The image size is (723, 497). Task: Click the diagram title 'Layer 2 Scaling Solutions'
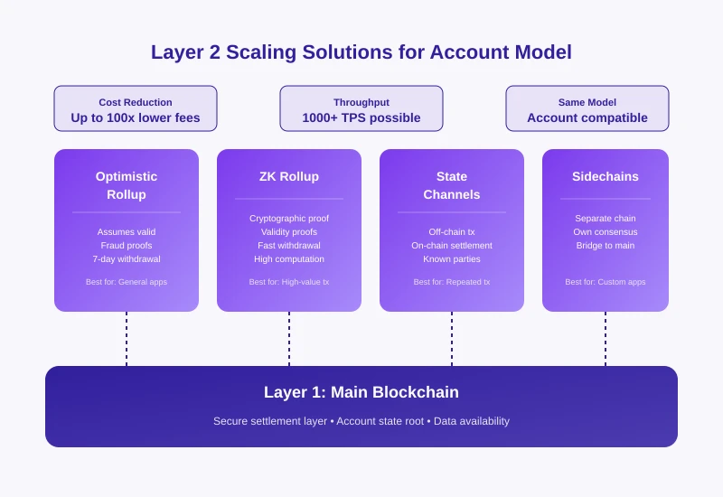pos(361,52)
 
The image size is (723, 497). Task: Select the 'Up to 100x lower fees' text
pos(136,117)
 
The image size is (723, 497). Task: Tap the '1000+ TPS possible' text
pos(361,117)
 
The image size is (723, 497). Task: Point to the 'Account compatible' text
pos(587,117)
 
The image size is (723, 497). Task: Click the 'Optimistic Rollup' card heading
pos(127,185)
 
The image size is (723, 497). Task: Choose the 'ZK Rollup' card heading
pos(289,176)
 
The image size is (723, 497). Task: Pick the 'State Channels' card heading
pos(452,185)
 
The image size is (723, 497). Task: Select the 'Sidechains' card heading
pos(606,176)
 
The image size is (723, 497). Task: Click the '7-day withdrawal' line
pos(127,259)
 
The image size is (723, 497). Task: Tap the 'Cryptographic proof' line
pos(289,219)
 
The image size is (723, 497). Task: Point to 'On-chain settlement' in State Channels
pos(452,246)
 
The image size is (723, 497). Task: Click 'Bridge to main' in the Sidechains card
pos(606,246)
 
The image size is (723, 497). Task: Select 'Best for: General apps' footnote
pos(127,282)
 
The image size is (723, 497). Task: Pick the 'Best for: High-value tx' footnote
pos(289,282)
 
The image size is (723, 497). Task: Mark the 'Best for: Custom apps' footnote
pos(606,282)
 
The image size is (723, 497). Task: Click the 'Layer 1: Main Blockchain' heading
pos(361,392)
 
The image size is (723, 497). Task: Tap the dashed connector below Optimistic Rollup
pos(127,339)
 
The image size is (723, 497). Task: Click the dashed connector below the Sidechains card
pos(606,339)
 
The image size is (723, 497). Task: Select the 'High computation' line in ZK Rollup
pos(289,259)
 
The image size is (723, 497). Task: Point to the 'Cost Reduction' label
pos(136,102)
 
